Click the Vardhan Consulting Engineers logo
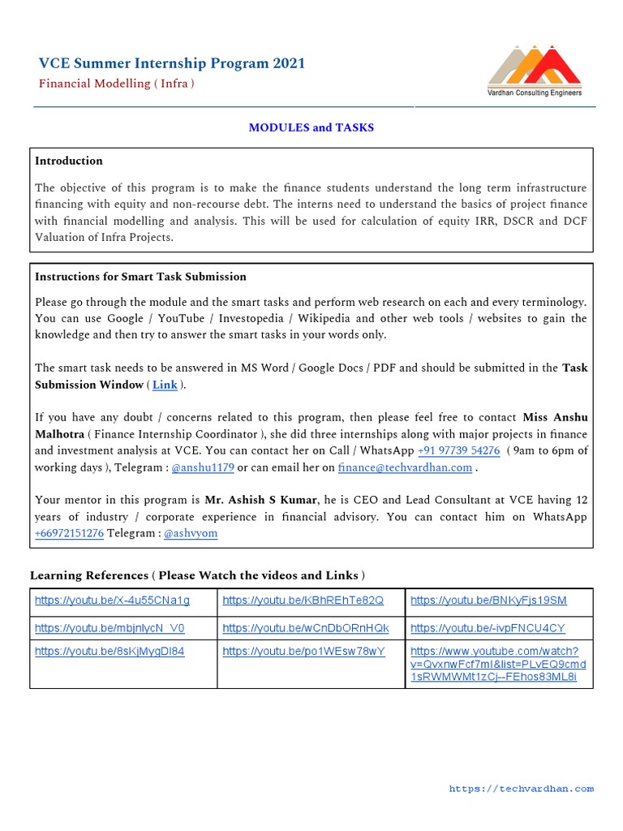[x=534, y=71]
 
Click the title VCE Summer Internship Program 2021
[x=172, y=63]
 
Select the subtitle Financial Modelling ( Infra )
[x=117, y=84]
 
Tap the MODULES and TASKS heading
[x=311, y=127]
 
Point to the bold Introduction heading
[x=69, y=161]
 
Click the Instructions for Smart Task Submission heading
[x=140, y=277]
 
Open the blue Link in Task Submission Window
[x=165, y=385]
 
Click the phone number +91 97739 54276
[x=458, y=450]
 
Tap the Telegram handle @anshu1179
[x=203, y=467]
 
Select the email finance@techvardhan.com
[x=405, y=467]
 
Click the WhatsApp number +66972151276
[x=69, y=533]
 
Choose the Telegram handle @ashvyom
[x=191, y=533]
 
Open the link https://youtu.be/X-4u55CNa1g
[x=112, y=601]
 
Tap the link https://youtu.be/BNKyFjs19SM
[x=488, y=601]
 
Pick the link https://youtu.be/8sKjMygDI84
[x=110, y=651]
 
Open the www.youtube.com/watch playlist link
[x=497, y=664]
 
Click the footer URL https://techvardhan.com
[x=521, y=788]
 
